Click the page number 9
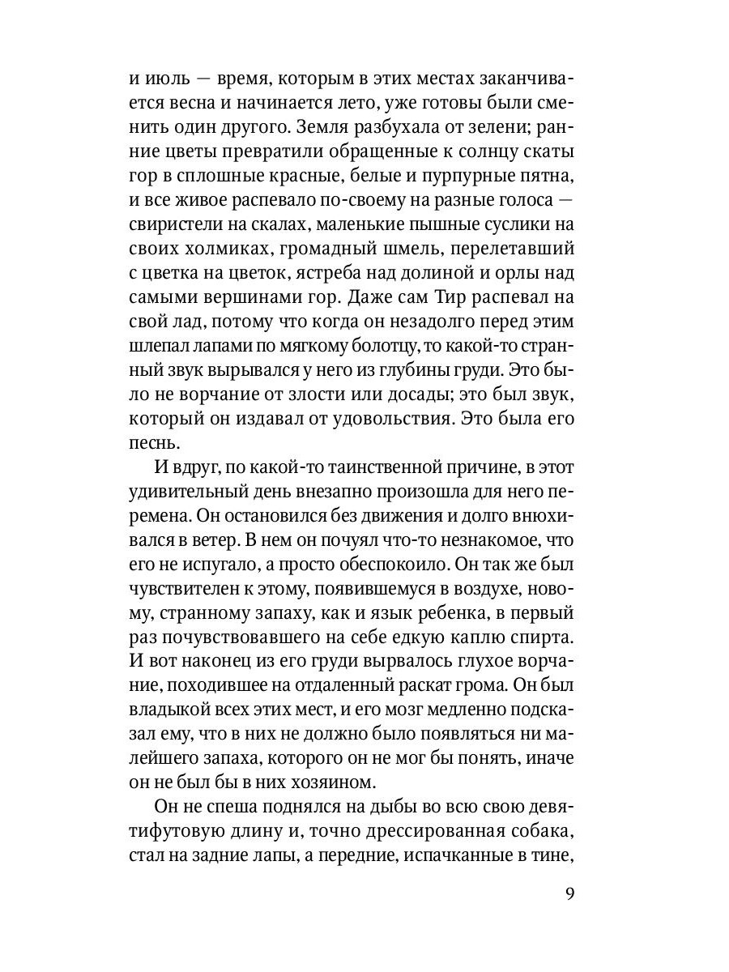pyautogui.click(x=569, y=894)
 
